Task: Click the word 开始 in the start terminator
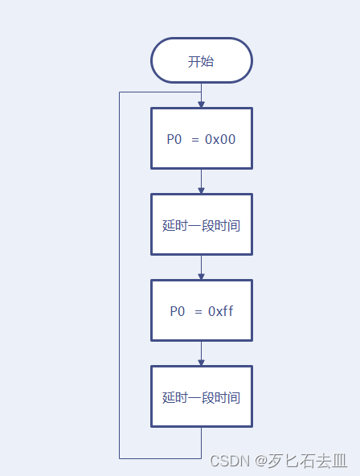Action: [201, 61]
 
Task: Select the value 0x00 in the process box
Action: [220, 139]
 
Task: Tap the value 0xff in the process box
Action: [221, 311]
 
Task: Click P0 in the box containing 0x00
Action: [174, 139]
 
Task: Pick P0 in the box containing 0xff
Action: [177, 311]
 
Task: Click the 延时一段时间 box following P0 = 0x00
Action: [201, 225]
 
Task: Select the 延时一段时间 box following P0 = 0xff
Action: [201, 397]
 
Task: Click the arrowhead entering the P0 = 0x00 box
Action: [201, 104]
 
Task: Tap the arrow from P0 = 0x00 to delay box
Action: [201, 182]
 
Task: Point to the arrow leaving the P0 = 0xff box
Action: [201, 354]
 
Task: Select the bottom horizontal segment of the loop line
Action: [160, 458]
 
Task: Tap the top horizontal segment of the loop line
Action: [160, 92]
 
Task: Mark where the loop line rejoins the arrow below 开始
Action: [201, 92]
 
